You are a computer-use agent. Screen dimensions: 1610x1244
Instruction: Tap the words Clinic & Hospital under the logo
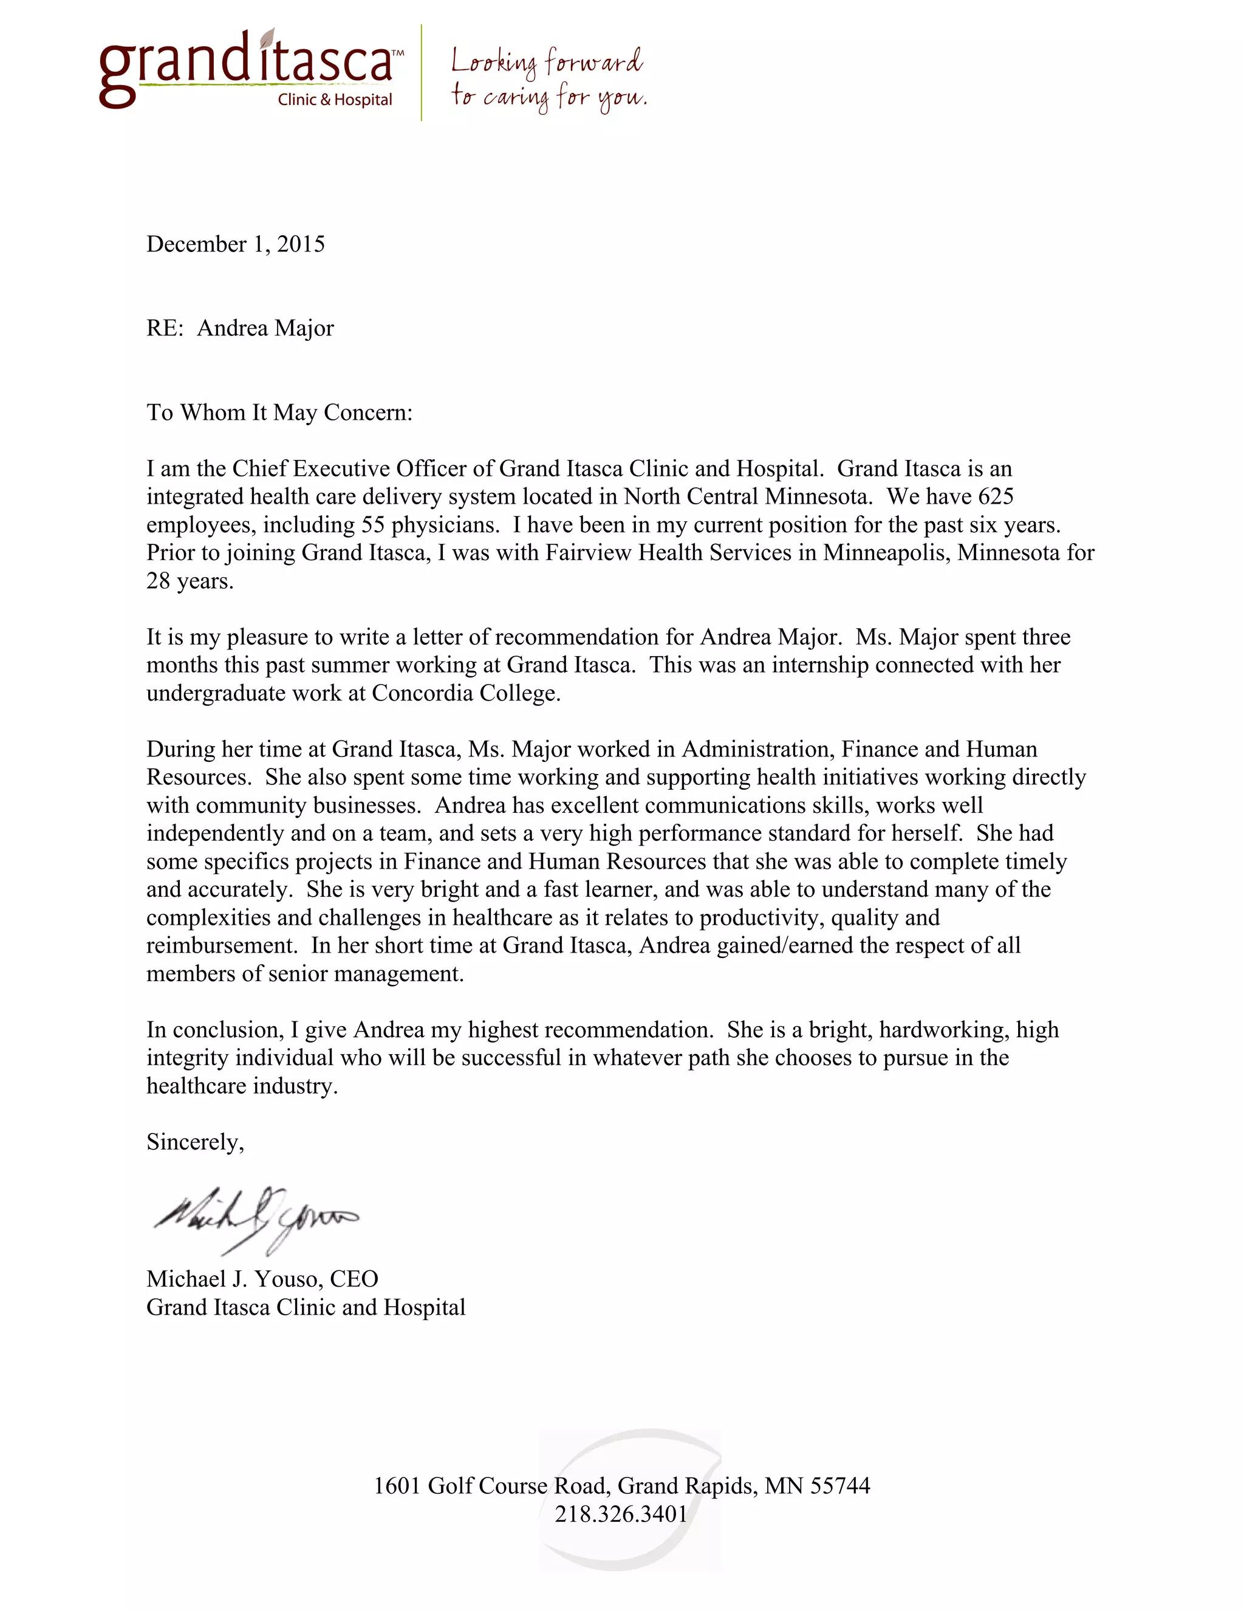coord(335,100)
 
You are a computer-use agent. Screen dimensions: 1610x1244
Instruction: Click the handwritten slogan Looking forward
coord(546,62)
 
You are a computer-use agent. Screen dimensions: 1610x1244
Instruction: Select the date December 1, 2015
coord(235,244)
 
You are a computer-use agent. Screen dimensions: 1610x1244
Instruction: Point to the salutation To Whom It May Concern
coord(279,412)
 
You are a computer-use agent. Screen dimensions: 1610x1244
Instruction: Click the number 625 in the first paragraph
coord(996,496)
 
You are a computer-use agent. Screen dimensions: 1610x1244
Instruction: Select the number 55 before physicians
coord(373,525)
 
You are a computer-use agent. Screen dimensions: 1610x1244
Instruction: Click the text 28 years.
coord(190,581)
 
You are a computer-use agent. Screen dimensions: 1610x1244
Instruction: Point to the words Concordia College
coord(466,693)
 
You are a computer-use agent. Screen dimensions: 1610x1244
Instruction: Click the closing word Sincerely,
coord(196,1142)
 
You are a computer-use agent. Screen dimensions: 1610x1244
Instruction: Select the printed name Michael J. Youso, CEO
coord(262,1279)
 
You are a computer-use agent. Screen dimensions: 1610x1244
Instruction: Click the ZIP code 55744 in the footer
coord(840,1485)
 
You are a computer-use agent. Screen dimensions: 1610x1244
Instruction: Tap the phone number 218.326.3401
coord(621,1513)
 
